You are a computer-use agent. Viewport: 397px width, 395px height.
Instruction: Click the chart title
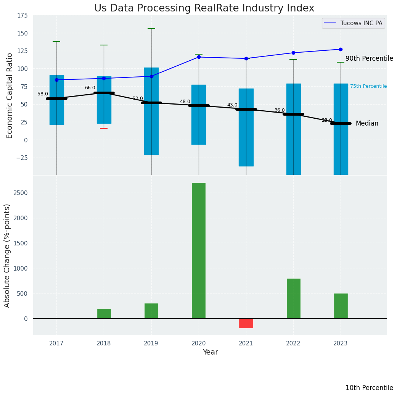[204, 8]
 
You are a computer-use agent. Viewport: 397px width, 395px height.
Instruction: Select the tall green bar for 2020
[198, 250]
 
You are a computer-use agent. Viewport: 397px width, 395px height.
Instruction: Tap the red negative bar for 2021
[246, 323]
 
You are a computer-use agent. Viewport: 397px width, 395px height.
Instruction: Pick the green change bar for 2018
[104, 313]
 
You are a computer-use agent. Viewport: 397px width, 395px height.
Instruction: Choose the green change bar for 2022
[293, 298]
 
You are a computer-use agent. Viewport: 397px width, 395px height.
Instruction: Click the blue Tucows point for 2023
[341, 49]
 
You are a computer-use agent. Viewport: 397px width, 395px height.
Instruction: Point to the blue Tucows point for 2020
[199, 57]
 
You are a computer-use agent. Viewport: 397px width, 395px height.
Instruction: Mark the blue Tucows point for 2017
[56, 80]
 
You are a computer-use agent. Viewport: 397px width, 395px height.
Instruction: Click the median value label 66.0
[90, 88]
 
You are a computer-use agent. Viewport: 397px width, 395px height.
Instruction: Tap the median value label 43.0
[232, 105]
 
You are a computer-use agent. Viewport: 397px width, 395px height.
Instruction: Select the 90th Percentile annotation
[369, 58]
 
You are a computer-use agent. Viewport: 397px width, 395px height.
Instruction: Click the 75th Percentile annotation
[368, 86]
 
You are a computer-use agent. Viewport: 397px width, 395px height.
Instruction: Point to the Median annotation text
[367, 123]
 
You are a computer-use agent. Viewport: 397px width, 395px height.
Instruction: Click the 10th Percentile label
[369, 388]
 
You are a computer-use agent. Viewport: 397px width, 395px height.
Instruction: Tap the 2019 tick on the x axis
[151, 343]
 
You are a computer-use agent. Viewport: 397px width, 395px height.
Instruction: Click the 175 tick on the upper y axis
[22, 15]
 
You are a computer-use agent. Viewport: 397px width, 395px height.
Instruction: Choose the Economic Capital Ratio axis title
[10, 95]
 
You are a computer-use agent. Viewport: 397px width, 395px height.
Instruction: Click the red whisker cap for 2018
[104, 128]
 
